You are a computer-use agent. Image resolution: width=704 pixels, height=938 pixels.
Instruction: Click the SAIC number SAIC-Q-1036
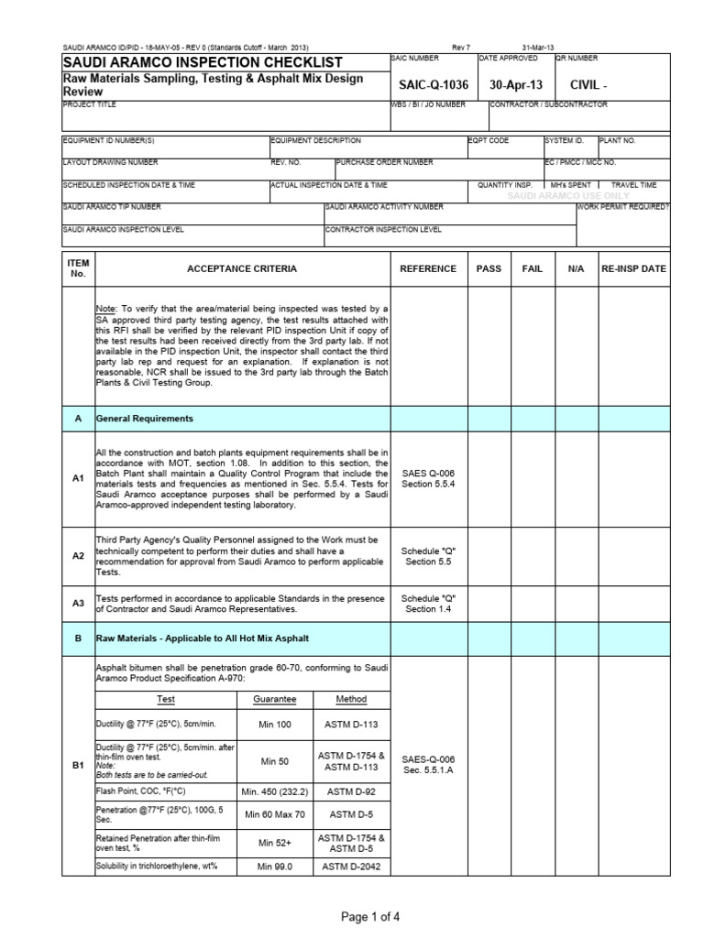click(x=434, y=84)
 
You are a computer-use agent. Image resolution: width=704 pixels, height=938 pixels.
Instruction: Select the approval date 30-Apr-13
click(x=516, y=84)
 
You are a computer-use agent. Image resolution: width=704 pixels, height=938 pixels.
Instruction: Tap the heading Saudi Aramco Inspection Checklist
click(x=202, y=62)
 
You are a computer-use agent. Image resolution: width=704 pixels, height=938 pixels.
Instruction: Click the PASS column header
click(x=489, y=268)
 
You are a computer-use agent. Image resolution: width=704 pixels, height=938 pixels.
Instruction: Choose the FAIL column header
click(x=532, y=268)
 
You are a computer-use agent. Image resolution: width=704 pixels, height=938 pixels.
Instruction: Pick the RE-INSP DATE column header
click(x=633, y=268)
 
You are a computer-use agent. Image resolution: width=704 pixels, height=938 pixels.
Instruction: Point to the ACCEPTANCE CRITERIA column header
click(x=242, y=268)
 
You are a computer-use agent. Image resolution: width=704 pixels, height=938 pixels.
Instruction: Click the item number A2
click(x=78, y=556)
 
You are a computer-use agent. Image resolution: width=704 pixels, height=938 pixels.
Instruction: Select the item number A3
click(x=78, y=603)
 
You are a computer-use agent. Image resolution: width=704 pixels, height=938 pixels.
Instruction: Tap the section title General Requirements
click(x=147, y=418)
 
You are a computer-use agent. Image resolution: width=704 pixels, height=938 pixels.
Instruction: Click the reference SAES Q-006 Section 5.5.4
click(x=428, y=478)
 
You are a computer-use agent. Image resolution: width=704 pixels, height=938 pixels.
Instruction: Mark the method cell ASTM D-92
click(x=350, y=790)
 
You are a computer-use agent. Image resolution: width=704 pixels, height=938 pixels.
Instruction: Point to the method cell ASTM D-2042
click(x=350, y=867)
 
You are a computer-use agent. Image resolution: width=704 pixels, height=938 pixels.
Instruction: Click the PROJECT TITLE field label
click(x=88, y=105)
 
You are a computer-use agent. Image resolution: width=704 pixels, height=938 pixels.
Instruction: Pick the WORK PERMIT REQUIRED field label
click(x=623, y=207)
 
